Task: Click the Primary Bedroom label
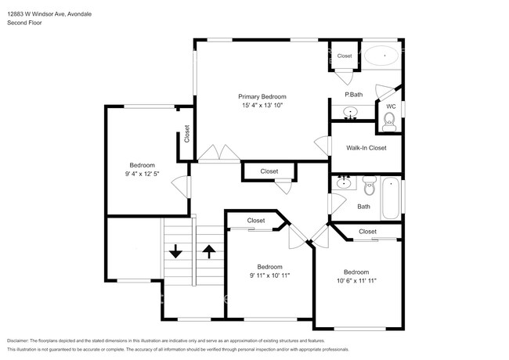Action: pos(262,96)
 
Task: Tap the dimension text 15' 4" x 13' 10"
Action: pos(262,105)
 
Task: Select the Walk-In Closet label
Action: pos(366,147)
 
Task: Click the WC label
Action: pos(391,106)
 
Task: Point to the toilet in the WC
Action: pos(388,119)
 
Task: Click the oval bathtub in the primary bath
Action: pos(384,56)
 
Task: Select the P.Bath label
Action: pos(352,95)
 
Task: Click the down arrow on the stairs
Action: pos(175,251)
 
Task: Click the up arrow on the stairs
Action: pos(209,251)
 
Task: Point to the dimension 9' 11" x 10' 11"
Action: pos(269,275)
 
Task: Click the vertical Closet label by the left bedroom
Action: pos(186,135)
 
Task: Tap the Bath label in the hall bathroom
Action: pos(363,207)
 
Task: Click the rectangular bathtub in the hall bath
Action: pos(390,199)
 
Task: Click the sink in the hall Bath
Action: pos(344,183)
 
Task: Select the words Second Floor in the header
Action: pos(24,23)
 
